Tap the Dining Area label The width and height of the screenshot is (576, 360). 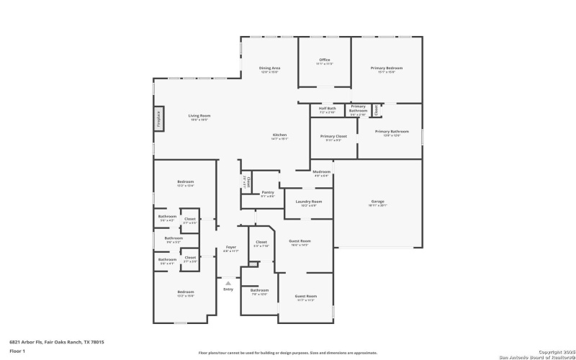pos(269,68)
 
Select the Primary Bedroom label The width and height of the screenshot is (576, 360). pos(387,68)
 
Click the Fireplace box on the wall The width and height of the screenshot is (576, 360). pos(158,119)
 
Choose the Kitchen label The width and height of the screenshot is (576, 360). pos(280,135)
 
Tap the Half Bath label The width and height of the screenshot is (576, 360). pos(327,108)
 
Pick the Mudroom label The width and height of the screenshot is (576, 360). pos(321,171)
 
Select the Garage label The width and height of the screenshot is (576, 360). pos(377,201)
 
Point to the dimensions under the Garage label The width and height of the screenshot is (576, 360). pos(377,205)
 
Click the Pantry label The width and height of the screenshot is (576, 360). pos(268,192)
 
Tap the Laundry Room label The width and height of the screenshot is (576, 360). pos(308,202)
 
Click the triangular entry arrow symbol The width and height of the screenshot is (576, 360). pos(228,283)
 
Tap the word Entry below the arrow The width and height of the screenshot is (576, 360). pos(228,289)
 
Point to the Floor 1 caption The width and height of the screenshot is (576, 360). pos(17,351)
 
